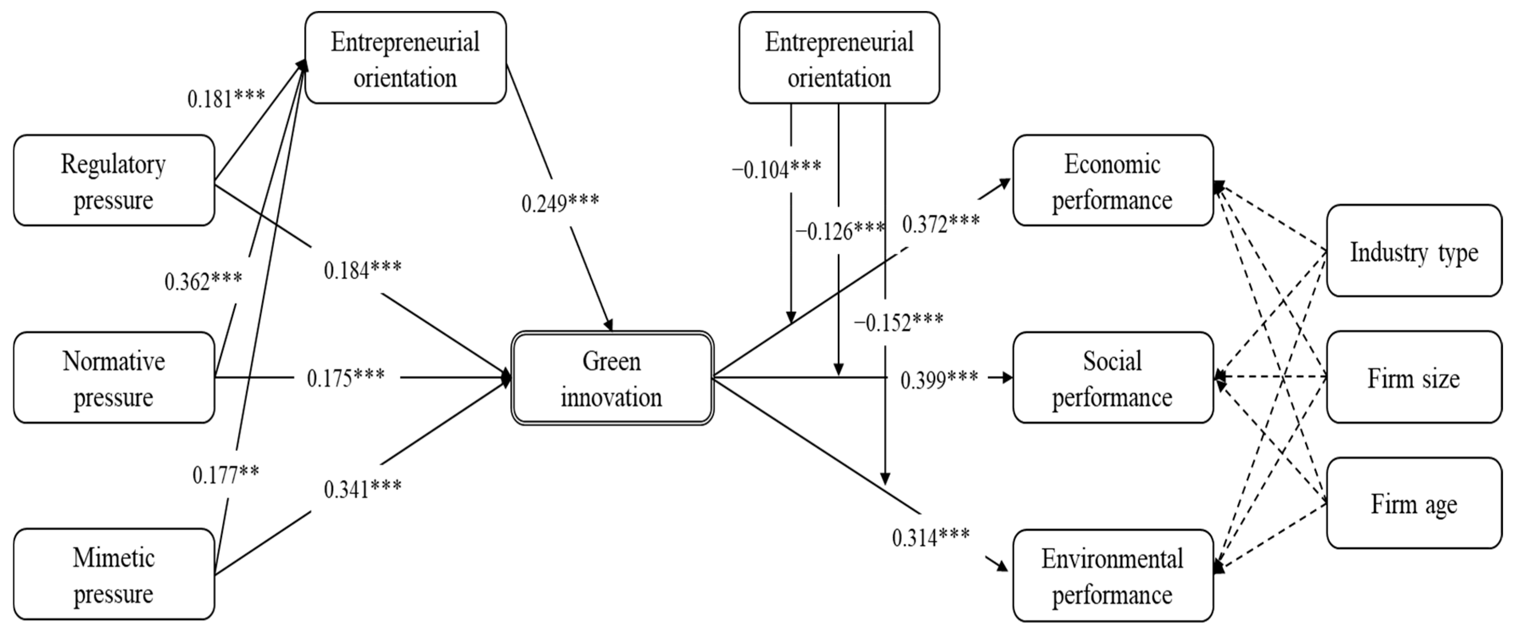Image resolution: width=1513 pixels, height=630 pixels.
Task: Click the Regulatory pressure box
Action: pos(113,180)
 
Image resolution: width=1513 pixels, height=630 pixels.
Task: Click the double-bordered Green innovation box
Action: pos(612,378)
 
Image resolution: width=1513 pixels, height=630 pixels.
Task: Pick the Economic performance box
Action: pos(1113,180)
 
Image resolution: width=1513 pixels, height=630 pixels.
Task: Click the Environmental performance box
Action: pos(1113,575)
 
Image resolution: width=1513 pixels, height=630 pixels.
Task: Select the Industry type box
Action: pos(1414,251)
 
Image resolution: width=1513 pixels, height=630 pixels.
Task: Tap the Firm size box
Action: pos(1414,377)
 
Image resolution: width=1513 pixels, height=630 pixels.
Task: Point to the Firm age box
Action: pos(1414,503)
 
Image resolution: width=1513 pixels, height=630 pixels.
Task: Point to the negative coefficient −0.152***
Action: pos(898,322)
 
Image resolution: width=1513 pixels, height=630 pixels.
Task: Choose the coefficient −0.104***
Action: pos(776,170)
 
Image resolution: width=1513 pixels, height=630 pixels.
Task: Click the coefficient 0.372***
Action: pos(941,224)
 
